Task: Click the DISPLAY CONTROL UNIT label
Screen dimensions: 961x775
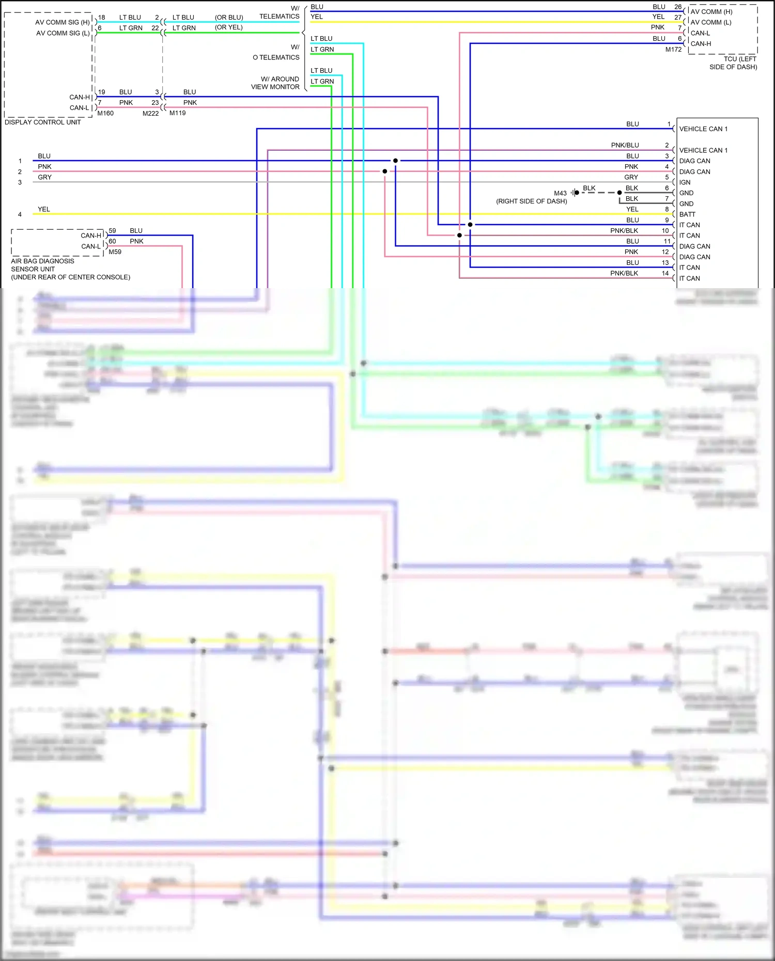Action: click(43, 122)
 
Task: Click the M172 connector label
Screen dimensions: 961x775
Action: click(673, 50)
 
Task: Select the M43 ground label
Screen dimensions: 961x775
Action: click(560, 193)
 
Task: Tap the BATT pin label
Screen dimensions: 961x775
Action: click(687, 214)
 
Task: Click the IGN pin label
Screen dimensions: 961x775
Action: click(685, 182)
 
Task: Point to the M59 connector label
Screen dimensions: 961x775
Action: click(115, 252)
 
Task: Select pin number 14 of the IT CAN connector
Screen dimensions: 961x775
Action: click(665, 273)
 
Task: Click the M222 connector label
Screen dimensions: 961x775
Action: click(150, 114)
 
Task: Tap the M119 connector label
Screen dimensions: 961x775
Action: click(177, 113)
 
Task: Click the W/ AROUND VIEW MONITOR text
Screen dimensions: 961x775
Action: click(275, 83)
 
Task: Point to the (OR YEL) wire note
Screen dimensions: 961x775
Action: click(229, 27)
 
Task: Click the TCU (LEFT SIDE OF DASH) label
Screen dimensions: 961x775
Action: click(734, 63)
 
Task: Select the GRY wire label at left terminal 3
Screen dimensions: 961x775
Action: click(45, 177)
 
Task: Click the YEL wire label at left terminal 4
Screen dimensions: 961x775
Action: click(44, 209)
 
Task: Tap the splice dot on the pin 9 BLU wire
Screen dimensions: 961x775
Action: click(470, 225)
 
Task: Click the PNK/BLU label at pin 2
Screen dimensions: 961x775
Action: click(625, 145)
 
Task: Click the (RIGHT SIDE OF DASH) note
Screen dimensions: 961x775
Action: click(531, 201)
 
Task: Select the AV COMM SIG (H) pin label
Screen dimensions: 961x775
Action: click(63, 22)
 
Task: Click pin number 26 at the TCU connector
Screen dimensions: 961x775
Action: click(678, 7)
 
